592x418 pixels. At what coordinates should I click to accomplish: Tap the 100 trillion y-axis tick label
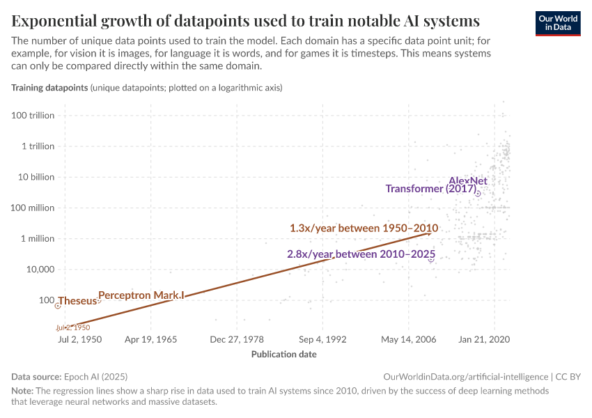pyautogui.click(x=33, y=116)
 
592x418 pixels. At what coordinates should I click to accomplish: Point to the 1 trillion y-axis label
pyautogui.click(x=38, y=146)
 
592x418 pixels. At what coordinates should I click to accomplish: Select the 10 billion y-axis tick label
pyautogui.click(x=36, y=177)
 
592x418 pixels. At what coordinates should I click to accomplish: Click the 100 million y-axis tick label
pyautogui.click(x=33, y=208)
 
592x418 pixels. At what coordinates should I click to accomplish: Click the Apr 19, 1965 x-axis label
pyautogui.click(x=150, y=340)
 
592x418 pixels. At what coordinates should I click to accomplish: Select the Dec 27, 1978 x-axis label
pyautogui.click(x=236, y=340)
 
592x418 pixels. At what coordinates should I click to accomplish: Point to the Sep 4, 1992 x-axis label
pyautogui.click(x=322, y=340)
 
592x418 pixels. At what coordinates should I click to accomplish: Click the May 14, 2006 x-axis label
pyautogui.click(x=409, y=340)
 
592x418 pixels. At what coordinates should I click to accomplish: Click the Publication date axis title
pyautogui.click(x=283, y=354)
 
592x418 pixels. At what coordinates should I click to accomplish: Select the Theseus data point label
pyautogui.click(x=77, y=301)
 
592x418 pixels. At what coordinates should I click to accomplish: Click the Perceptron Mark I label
pyautogui.click(x=141, y=295)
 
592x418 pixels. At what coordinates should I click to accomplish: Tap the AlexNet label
pyautogui.click(x=467, y=180)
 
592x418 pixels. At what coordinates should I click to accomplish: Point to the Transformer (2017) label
pyautogui.click(x=430, y=189)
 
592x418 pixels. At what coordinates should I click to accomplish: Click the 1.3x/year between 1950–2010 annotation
pyautogui.click(x=364, y=228)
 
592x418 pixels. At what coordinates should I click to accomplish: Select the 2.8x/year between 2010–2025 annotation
pyautogui.click(x=361, y=254)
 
